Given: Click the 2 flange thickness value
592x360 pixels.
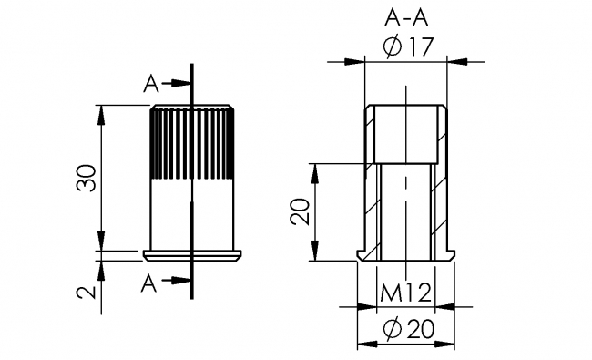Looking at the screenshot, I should pyautogui.click(x=87, y=292).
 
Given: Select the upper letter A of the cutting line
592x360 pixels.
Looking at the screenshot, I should pyautogui.click(x=151, y=84).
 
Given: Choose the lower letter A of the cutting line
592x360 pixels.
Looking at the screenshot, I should pyautogui.click(x=151, y=283).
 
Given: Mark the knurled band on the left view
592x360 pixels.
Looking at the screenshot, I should pyautogui.click(x=192, y=141).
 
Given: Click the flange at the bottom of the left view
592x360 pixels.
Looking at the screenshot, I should pyautogui.click(x=192, y=252).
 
